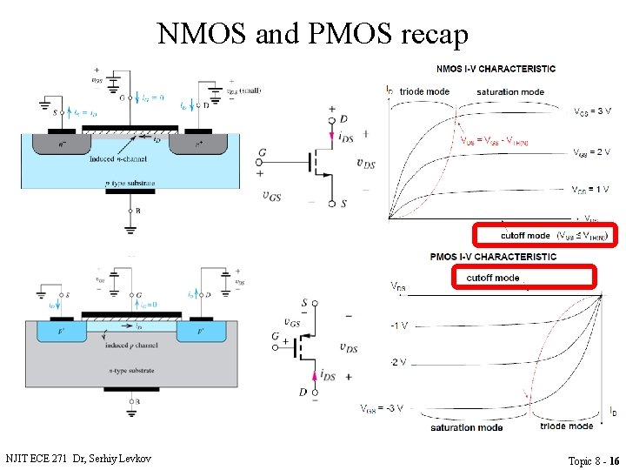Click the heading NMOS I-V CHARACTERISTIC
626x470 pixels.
tap(496, 69)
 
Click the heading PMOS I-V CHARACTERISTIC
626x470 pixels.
tap(494, 257)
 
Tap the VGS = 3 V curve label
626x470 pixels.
tap(593, 111)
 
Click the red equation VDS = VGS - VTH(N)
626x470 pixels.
tap(494, 141)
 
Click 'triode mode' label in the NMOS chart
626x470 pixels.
tap(424, 91)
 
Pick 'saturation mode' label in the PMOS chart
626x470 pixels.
tap(466, 428)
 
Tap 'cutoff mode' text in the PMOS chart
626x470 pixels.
tap(493, 278)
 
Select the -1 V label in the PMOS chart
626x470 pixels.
tap(399, 326)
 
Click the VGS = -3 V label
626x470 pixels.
tap(382, 408)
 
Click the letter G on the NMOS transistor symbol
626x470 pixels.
tap(263, 153)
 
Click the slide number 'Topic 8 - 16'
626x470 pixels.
tap(594, 460)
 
